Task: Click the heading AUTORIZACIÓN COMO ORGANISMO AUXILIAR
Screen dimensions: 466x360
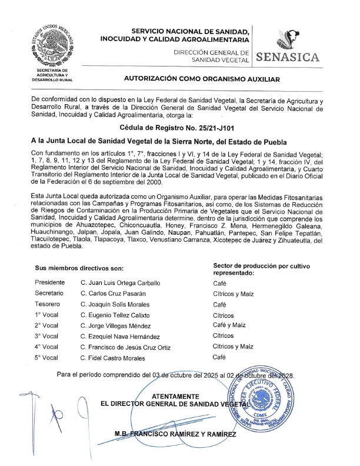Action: [201, 78]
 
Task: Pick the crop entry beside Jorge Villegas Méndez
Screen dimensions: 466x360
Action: [229, 325]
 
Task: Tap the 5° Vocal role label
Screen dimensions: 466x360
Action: [46, 358]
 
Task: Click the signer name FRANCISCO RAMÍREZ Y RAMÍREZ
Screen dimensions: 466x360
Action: [176, 434]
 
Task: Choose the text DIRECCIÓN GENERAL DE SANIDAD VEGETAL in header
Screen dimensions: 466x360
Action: [212, 56]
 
